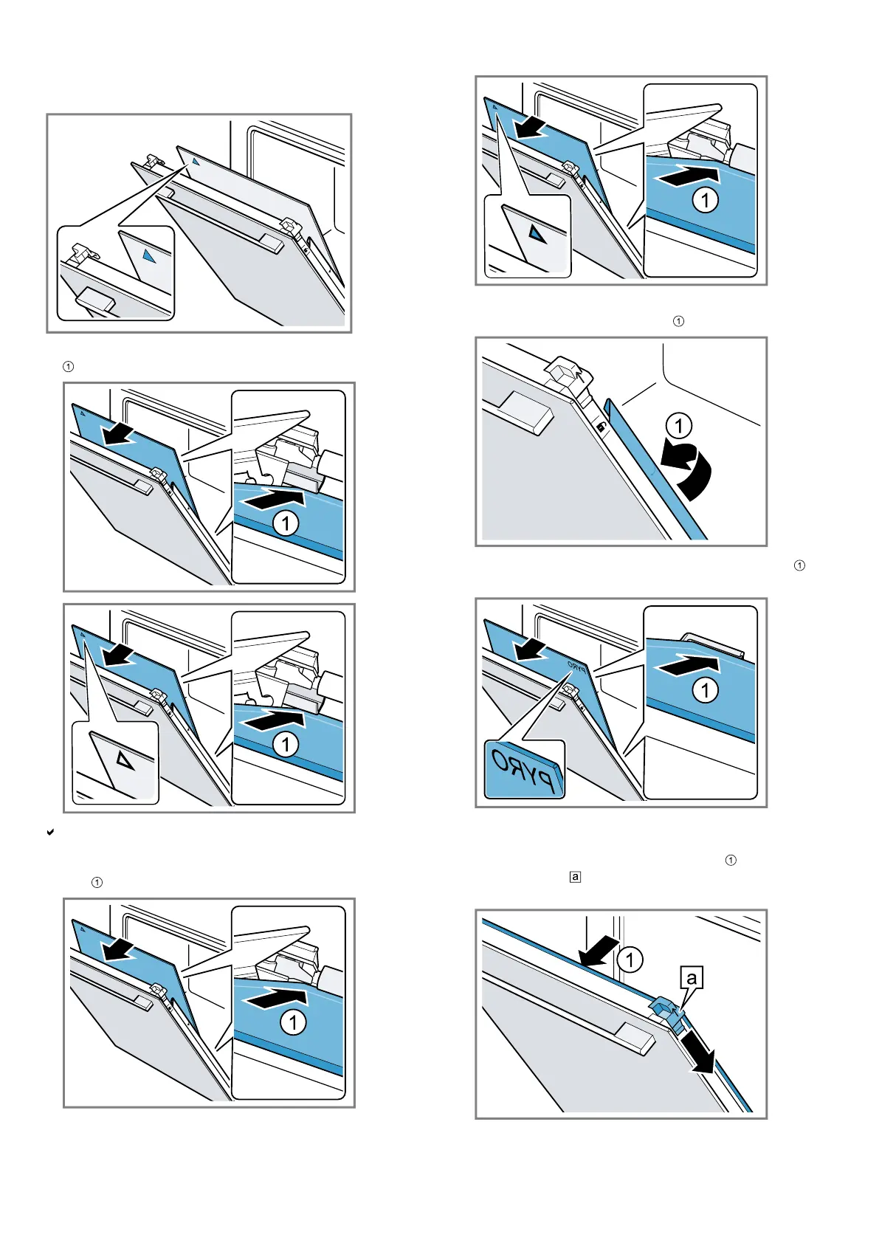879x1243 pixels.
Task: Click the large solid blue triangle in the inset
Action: pos(150,256)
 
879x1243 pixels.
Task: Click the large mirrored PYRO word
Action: pos(524,771)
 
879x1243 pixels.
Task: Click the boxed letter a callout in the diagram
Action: pos(692,978)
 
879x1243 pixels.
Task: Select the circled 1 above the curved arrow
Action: pos(678,426)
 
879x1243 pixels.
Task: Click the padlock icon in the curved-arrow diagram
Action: pos(602,427)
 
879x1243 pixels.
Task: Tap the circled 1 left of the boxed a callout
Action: pos(630,960)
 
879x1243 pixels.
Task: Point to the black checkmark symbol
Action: pos(50,832)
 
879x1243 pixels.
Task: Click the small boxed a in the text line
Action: pos(576,877)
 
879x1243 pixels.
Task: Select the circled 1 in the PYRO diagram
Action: pos(705,690)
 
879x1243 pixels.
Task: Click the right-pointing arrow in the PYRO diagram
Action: pos(687,666)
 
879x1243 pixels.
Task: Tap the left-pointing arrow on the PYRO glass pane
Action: pos(531,650)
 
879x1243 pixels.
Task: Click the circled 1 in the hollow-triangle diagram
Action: pos(286,744)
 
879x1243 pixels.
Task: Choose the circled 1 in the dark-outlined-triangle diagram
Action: pos(705,199)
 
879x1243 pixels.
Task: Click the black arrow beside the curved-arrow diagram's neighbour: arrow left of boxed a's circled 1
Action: pos(599,951)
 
